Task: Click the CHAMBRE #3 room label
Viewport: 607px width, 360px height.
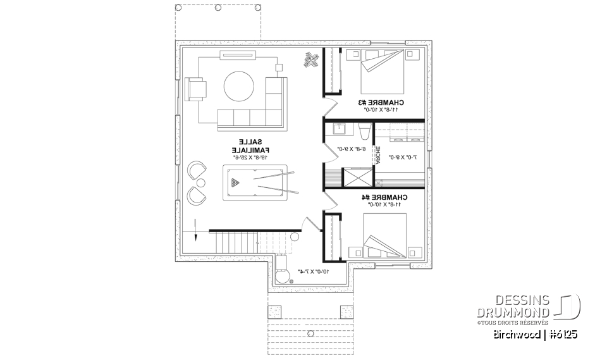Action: click(x=382, y=102)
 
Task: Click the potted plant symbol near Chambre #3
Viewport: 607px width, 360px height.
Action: click(x=311, y=60)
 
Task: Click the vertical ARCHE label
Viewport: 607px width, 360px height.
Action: click(x=378, y=155)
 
